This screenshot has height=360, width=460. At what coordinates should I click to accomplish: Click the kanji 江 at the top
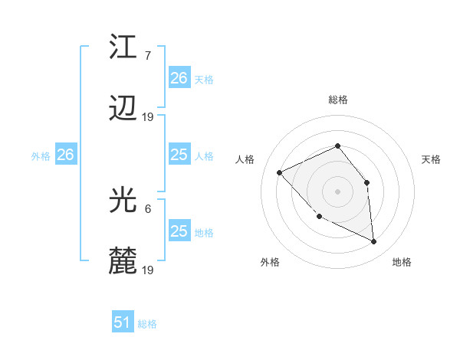(x=123, y=47)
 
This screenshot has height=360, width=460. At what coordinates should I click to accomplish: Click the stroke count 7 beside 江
(x=148, y=54)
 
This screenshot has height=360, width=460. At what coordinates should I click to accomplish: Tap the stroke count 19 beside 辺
(x=148, y=117)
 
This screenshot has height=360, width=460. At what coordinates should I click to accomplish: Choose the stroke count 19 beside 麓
(x=148, y=270)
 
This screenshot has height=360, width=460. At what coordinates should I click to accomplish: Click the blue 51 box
(x=123, y=323)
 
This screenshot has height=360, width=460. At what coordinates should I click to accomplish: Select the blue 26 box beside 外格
(x=65, y=155)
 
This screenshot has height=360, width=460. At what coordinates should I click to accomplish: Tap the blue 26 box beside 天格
(x=179, y=78)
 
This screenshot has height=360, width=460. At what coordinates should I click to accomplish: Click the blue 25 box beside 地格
(x=179, y=231)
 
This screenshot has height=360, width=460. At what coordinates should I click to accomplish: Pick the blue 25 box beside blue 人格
(x=179, y=155)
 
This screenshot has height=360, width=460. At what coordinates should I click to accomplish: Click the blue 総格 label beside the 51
(x=147, y=324)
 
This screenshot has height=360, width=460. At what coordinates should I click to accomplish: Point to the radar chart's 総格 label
(x=338, y=100)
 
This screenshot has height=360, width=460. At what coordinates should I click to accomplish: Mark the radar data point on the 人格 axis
(x=280, y=172)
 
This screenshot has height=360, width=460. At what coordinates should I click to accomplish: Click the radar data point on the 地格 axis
(x=373, y=242)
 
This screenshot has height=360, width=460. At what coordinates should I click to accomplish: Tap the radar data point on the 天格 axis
(x=367, y=182)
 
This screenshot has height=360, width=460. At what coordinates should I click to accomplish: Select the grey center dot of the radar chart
(x=338, y=191)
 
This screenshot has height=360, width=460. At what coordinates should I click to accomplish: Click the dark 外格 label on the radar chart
(x=270, y=262)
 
